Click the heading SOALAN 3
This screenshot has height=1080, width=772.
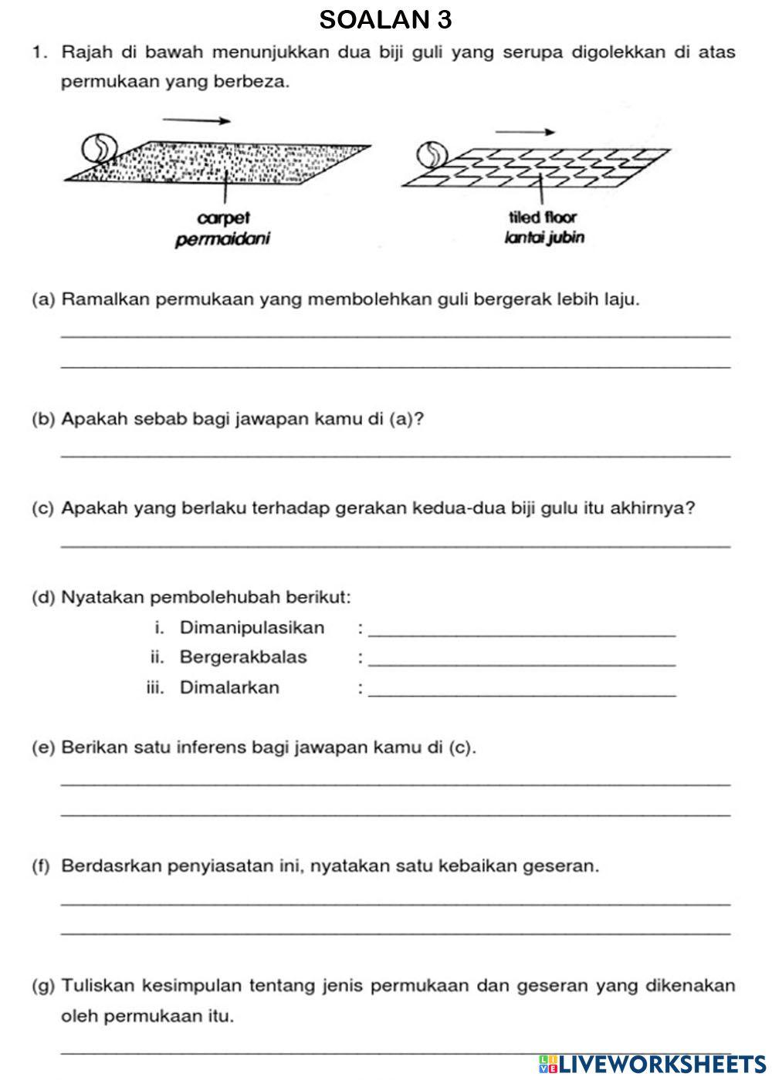385,20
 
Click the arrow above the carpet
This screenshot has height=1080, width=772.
196,120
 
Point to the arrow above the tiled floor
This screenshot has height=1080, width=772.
525,131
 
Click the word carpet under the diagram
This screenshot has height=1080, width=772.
223,218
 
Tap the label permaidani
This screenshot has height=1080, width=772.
223,239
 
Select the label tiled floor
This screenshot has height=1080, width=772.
543,218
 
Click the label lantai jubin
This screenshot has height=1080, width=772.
543,238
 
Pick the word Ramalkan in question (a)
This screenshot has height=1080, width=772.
106,299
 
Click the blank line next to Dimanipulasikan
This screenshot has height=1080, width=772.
523,634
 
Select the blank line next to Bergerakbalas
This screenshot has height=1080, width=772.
523,664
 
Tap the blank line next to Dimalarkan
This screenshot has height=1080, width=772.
523,694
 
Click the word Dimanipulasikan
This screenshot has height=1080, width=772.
252,628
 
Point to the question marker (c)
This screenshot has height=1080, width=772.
43,508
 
